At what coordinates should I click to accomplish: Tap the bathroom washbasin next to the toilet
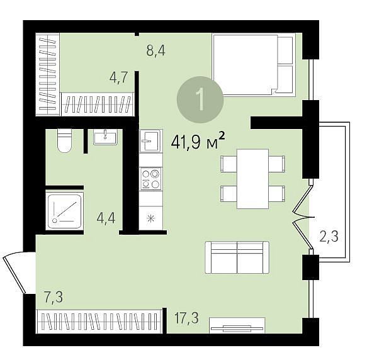click(105, 137)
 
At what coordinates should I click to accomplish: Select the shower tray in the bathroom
click(65, 211)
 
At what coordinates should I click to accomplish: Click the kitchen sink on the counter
click(150, 141)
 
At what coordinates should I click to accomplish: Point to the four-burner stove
click(151, 179)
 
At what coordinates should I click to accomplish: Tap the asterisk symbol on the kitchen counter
click(151, 218)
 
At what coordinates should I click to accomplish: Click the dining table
click(253, 179)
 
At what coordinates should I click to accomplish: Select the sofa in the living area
click(237, 257)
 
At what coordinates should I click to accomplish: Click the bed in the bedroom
click(254, 64)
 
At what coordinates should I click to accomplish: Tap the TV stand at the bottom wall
click(237, 325)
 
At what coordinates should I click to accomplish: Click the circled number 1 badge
click(200, 99)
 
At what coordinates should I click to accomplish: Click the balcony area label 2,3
click(329, 237)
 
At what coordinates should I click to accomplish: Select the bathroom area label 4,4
click(106, 218)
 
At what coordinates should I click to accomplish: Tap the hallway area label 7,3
click(54, 298)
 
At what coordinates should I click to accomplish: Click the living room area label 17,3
click(187, 318)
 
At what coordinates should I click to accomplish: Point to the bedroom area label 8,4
click(155, 50)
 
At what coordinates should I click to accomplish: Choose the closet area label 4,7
click(119, 77)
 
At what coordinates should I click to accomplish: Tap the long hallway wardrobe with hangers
click(99, 322)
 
